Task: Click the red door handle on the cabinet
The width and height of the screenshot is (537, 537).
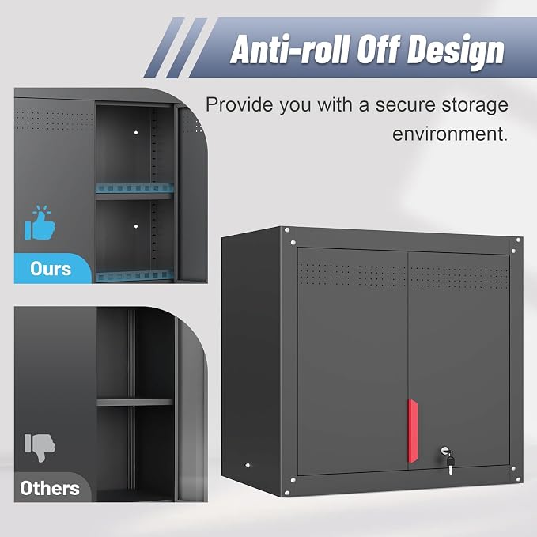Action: click(x=413, y=431)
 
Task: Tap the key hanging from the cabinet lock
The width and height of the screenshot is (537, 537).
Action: click(x=450, y=463)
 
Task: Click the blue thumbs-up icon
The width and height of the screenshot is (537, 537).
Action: click(x=40, y=222)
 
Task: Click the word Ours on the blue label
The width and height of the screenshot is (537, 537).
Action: click(x=51, y=269)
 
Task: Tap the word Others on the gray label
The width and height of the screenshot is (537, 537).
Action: click(x=50, y=488)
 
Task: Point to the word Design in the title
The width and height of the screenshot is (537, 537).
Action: click(x=456, y=51)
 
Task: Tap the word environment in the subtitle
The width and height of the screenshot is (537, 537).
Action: click(x=450, y=134)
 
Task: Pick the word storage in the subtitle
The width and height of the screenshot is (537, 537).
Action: click(x=475, y=106)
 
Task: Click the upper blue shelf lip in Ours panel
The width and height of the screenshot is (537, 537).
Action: click(x=134, y=188)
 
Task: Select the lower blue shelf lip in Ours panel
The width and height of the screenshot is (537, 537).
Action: click(x=134, y=275)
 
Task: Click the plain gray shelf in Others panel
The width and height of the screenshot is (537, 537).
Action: click(x=134, y=402)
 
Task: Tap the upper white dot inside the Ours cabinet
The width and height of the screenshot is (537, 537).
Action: click(x=136, y=132)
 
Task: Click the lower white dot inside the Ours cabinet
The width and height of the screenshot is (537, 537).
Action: click(x=136, y=226)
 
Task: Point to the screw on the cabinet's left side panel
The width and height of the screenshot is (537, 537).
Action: click(x=248, y=465)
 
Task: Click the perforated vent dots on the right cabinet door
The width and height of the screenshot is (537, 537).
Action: click(x=459, y=277)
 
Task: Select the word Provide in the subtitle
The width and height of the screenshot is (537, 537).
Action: click(x=239, y=104)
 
